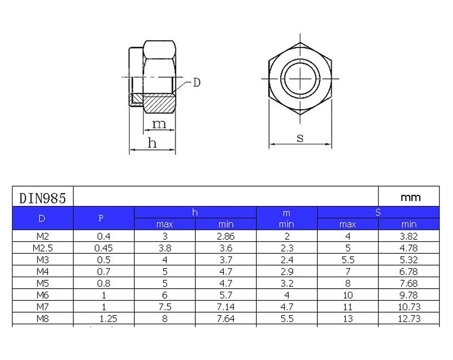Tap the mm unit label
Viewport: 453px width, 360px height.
(411, 198)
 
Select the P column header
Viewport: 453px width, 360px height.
(101, 218)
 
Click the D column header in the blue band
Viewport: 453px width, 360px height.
(42, 218)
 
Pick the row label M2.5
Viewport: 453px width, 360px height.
(43, 248)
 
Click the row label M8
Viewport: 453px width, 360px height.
(43, 319)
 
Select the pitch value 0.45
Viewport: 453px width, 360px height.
(104, 248)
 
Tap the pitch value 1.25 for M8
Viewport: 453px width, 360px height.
(108, 319)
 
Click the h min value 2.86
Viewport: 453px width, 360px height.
(226, 236)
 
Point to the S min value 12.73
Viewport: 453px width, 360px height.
(409, 319)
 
